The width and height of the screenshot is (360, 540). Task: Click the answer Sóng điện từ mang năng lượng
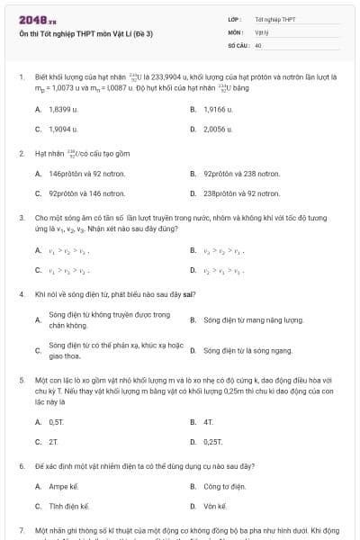coord(247,319)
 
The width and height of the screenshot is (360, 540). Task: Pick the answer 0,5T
coord(57,421)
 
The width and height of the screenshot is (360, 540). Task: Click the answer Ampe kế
coord(62,486)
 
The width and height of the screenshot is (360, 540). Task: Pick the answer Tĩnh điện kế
coord(68,506)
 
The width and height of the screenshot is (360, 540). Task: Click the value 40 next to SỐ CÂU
coord(258,44)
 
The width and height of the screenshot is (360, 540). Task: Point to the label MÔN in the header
coord(237,31)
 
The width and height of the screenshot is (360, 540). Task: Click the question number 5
coord(21,381)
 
